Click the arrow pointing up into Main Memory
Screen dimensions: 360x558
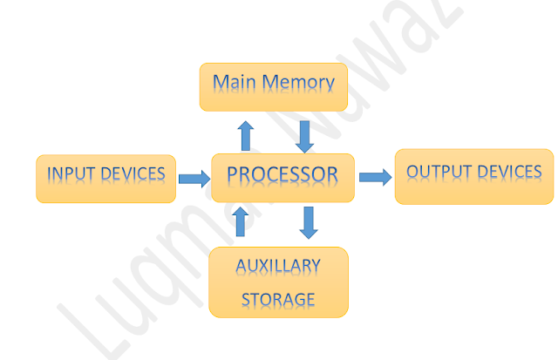point(246,135)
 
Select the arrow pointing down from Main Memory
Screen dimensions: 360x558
point(304,135)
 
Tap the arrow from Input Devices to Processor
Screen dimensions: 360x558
point(194,179)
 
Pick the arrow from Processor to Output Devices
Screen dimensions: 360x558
point(375,177)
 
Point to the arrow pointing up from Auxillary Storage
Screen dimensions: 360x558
point(242,221)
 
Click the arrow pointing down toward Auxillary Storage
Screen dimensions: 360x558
point(307,222)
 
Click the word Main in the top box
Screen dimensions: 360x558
point(232,84)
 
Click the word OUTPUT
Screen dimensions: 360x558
point(438,171)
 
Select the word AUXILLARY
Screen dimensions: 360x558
point(279,265)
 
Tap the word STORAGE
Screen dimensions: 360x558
point(278,299)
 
